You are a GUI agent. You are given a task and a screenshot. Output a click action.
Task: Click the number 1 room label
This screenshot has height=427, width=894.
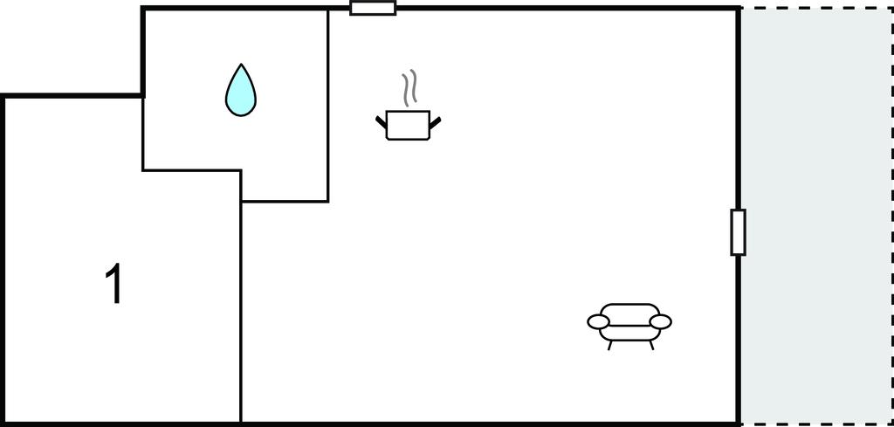[x=113, y=285]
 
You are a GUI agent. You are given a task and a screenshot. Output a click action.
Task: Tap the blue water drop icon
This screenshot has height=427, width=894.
[x=241, y=94]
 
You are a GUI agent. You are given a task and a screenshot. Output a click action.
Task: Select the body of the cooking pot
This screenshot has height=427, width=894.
[x=407, y=125]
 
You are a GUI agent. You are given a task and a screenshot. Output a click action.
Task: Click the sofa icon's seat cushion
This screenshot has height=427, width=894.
[x=629, y=331]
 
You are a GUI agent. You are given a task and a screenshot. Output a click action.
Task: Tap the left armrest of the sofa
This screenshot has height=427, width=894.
[x=598, y=322]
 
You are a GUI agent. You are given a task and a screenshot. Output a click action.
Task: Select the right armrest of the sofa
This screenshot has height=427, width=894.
[x=661, y=322]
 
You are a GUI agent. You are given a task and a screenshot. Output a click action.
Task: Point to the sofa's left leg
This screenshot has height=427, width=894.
[x=609, y=345]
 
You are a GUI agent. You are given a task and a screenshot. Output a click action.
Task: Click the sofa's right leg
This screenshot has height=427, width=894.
[x=651, y=345]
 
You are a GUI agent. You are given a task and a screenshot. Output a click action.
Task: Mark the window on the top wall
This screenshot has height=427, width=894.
[x=373, y=9]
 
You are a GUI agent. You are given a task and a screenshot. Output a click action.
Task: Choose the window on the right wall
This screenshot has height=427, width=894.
[x=739, y=232]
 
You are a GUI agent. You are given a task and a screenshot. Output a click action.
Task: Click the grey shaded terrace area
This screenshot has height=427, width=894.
[x=816, y=218]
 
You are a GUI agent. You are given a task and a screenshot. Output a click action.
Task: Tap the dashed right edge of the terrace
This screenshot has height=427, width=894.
[x=891, y=218]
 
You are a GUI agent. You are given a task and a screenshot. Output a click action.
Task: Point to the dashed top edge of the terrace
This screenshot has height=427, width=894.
[x=816, y=9]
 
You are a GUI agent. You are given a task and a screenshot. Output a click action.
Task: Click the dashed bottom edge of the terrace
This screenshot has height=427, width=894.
[x=816, y=424]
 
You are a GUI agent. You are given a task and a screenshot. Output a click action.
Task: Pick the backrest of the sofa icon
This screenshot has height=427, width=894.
[x=629, y=311]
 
